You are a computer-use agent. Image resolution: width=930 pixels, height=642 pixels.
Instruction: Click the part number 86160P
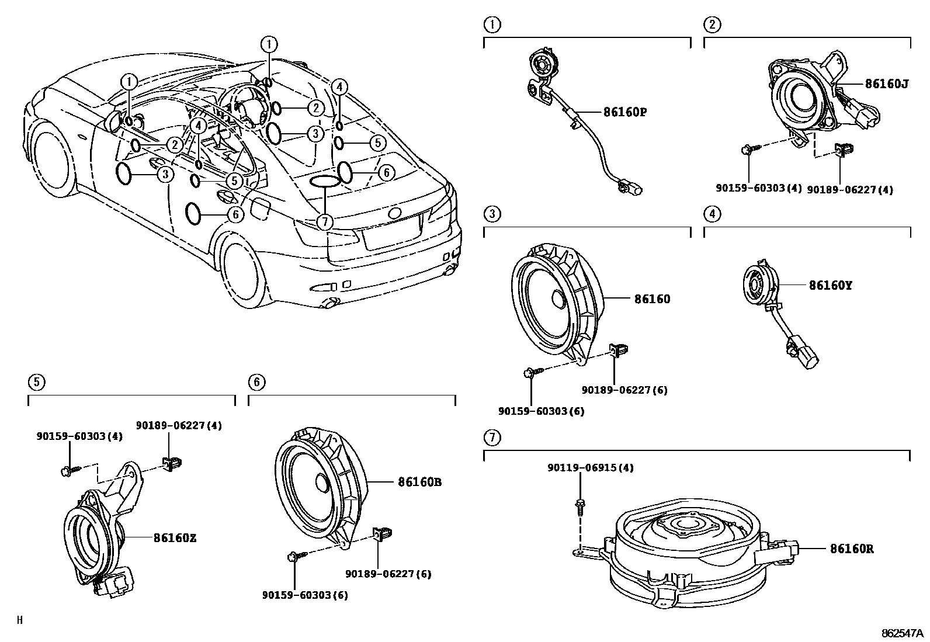click(x=625, y=112)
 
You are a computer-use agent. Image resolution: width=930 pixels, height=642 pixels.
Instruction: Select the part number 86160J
click(x=887, y=84)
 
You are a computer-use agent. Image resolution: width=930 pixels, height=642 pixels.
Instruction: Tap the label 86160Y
click(x=830, y=285)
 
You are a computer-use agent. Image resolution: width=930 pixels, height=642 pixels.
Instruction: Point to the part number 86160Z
click(x=175, y=538)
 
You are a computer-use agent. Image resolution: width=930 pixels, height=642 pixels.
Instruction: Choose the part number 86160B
click(x=420, y=482)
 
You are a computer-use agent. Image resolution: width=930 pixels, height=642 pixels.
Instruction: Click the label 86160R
click(x=852, y=549)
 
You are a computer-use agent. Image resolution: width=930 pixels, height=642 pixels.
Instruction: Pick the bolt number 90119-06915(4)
click(x=591, y=467)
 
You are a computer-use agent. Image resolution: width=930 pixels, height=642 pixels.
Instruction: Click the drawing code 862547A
click(x=902, y=633)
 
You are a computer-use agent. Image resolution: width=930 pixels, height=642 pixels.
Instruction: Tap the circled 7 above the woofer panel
click(x=492, y=438)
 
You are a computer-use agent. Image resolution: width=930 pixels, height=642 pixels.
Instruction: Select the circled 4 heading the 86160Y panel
click(x=713, y=214)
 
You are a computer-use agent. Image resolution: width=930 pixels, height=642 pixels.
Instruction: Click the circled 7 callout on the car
click(x=325, y=222)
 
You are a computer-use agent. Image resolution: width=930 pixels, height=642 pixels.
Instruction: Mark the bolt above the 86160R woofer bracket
click(x=580, y=508)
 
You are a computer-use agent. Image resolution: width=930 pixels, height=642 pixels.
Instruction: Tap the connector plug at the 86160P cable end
click(x=630, y=187)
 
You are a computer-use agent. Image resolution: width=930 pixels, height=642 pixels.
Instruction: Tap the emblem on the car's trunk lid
click(x=394, y=213)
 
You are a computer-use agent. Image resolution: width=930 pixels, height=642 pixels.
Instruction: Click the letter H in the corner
click(x=19, y=620)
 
